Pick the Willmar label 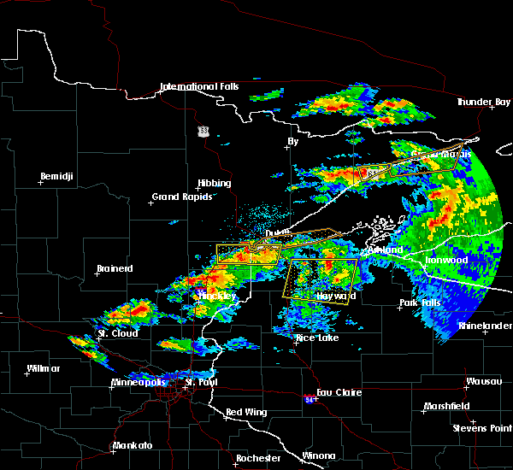44,369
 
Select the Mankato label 133,446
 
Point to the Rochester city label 257,458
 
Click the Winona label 319,455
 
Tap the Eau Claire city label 340,393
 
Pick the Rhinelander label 483,326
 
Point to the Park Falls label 419,303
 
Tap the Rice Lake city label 316,338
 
